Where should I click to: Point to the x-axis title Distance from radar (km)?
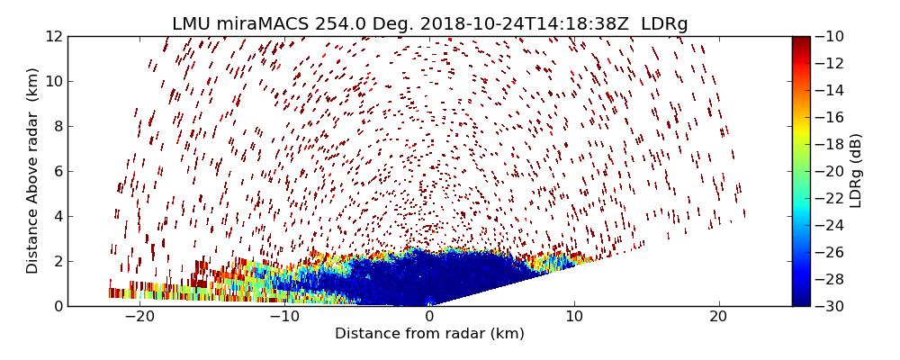click(429, 334)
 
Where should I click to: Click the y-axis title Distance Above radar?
click(33, 171)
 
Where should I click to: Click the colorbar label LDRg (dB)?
click(856, 171)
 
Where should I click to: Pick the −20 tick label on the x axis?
click(139, 317)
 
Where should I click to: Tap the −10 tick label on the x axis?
click(284, 317)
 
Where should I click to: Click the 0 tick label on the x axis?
click(429, 317)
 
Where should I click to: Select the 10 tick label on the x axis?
click(574, 317)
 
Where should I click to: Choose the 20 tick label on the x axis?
click(718, 317)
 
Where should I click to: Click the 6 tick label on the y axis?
click(58, 171)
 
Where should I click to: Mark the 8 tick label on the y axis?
click(58, 126)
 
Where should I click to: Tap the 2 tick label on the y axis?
click(58, 261)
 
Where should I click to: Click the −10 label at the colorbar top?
click(830, 36)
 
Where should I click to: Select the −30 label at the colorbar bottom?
click(830, 306)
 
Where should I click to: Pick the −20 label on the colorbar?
click(830, 171)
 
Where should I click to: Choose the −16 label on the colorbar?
click(830, 117)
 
